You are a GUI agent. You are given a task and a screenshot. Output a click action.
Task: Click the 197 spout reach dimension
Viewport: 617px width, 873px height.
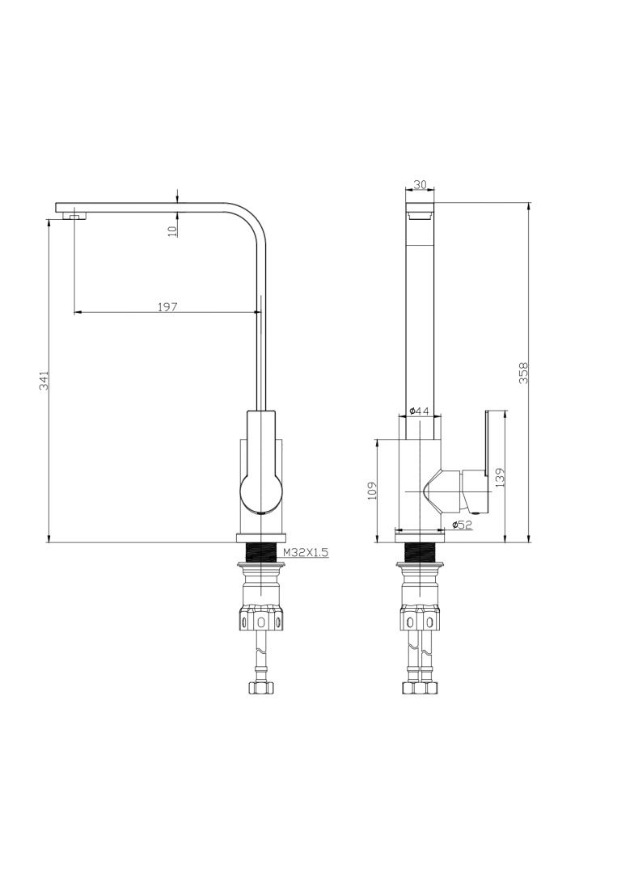(167, 306)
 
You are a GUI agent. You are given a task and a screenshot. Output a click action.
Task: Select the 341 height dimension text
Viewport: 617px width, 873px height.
(44, 381)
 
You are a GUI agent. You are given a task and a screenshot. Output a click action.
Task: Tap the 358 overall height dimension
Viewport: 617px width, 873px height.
(523, 372)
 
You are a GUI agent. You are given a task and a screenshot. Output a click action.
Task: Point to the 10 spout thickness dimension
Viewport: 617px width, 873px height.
(171, 230)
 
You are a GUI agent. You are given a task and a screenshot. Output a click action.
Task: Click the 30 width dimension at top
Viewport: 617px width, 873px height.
(420, 184)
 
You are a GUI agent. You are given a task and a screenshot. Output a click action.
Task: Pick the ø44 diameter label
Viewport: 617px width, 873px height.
(419, 411)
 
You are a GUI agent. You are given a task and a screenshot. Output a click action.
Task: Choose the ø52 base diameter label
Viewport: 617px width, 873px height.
(462, 525)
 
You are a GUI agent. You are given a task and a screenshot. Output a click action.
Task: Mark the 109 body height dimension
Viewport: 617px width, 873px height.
(372, 491)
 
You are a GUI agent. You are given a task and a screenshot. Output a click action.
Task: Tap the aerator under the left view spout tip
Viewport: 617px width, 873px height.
(75, 216)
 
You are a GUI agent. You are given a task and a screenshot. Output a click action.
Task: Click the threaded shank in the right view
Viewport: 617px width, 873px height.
(419, 553)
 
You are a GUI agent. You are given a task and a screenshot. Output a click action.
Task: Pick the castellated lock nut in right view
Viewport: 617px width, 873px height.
(419, 621)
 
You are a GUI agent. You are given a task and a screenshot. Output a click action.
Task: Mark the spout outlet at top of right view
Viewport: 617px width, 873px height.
(420, 216)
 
